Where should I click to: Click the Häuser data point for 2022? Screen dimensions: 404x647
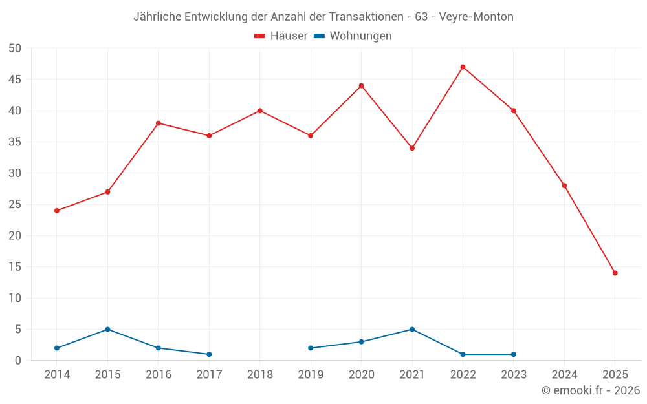pyautogui.click(x=463, y=67)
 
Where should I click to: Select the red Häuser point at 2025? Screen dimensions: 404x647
pyautogui.click(x=615, y=273)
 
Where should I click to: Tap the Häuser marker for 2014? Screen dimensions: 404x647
pyautogui.click(x=57, y=211)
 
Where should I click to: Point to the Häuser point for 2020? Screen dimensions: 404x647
pyautogui.click(x=361, y=86)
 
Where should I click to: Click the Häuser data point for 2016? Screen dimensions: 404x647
pyautogui.click(x=159, y=123)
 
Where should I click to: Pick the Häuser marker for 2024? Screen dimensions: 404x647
pyautogui.click(x=564, y=186)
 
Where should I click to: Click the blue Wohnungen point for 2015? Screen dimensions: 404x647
pyautogui.click(x=107, y=329)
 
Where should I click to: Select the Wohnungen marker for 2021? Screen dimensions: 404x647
pyautogui.click(x=412, y=329)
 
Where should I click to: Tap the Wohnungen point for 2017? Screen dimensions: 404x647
pyautogui.click(x=209, y=354)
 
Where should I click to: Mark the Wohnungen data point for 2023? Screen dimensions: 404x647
pyautogui.click(x=514, y=354)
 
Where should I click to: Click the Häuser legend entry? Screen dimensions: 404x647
pyautogui.click(x=281, y=36)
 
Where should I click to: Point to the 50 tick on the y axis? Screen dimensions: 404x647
pyautogui.click(x=16, y=48)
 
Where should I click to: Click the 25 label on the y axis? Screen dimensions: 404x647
pyautogui.click(x=16, y=205)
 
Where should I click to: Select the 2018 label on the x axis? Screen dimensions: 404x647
pyautogui.click(x=259, y=375)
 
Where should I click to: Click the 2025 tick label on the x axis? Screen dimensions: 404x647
pyautogui.click(x=615, y=375)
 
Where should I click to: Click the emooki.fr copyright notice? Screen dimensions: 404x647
pyautogui.click(x=591, y=390)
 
